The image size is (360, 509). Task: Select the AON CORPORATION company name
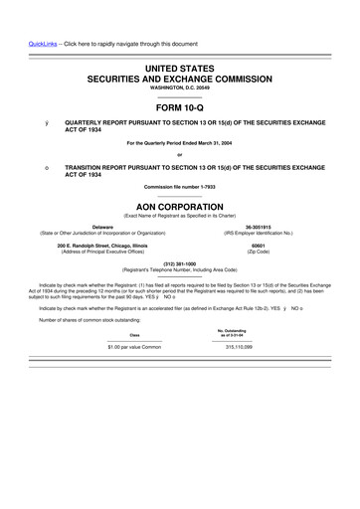[x=180, y=198]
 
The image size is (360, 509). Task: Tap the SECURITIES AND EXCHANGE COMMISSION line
[x=180, y=77]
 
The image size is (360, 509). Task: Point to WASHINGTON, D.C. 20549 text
[x=180, y=86]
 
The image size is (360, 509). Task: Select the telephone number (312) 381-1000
[x=179, y=263]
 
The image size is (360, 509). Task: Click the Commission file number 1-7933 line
[x=180, y=186]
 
